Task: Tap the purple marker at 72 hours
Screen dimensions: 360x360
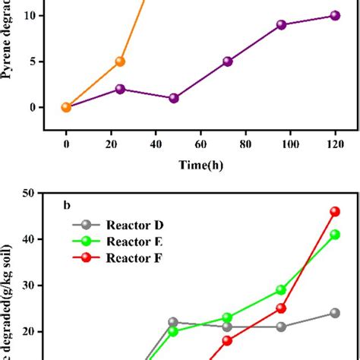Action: tap(227, 62)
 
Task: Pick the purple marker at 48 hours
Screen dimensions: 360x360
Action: tap(174, 98)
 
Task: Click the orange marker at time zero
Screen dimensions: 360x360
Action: tap(66, 107)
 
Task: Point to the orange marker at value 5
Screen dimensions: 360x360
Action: tap(119, 62)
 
